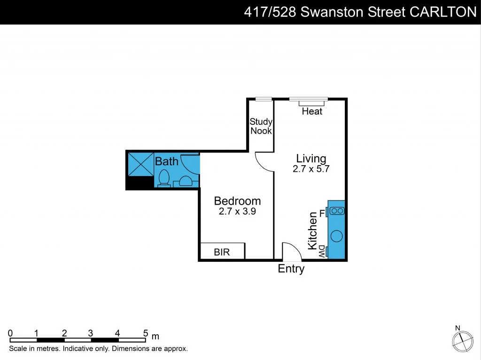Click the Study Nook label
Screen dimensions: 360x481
click(x=261, y=126)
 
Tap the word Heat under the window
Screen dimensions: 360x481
click(x=312, y=111)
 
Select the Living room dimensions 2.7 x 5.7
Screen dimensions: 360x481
click(x=311, y=169)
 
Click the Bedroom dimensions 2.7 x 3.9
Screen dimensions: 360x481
click(x=237, y=212)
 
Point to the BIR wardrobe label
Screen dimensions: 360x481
click(x=222, y=252)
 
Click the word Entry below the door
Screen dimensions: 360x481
click(x=291, y=269)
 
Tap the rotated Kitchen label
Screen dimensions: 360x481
click(x=313, y=230)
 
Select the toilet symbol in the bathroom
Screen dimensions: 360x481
click(x=164, y=178)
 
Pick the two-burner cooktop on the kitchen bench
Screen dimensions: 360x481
click(x=337, y=211)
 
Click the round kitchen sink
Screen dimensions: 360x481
click(x=336, y=236)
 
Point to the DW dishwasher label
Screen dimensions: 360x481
click(x=322, y=251)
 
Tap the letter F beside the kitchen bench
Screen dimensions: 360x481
click(x=322, y=214)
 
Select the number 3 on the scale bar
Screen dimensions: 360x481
click(x=91, y=333)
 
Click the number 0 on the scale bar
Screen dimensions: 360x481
click(x=10, y=333)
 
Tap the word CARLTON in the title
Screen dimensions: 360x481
click(x=443, y=12)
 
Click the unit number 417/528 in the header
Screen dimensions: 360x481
click(x=270, y=12)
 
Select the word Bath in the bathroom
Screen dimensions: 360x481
click(x=167, y=161)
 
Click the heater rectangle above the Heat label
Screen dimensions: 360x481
click(x=312, y=103)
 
